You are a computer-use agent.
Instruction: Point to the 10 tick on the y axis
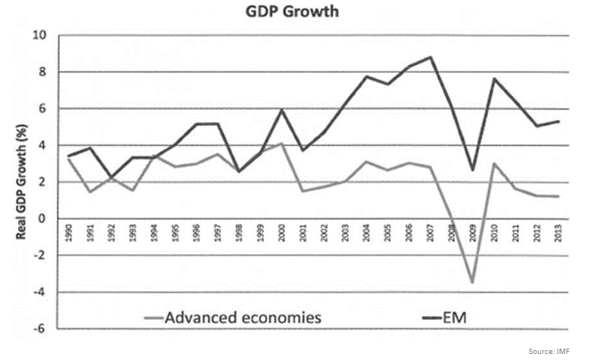pyautogui.click(x=38, y=35)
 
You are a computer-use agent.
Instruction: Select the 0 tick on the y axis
pyautogui.click(x=42, y=219)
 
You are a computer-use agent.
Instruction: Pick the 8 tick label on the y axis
pyautogui.click(x=42, y=72)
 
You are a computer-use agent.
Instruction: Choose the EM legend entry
pyautogui.click(x=453, y=317)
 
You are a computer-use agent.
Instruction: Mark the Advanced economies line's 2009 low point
pyautogui.click(x=471, y=282)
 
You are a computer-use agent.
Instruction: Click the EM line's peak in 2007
pyautogui.click(x=429, y=57)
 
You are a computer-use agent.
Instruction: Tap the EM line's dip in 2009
pyautogui.click(x=471, y=170)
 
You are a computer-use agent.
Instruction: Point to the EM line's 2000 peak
pyautogui.click(x=281, y=110)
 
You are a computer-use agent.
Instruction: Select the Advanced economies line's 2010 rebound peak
pyautogui.click(x=493, y=163)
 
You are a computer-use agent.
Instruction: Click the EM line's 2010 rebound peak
pyautogui.click(x=493, y=78)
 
